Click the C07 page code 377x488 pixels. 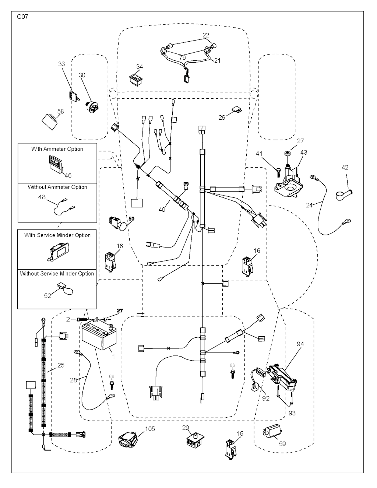coord(22,17)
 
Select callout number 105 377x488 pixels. coord(150,429)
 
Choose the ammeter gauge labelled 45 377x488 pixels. coord(56,162)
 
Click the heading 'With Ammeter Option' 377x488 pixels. coord(57,149)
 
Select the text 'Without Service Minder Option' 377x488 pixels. coord(57,274)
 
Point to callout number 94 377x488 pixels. coord(300,344)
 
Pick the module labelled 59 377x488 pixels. coord(271,432)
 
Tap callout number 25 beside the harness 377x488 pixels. coord(61,365)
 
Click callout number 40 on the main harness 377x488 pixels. coord(162,210)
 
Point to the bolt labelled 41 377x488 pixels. coord(279,171)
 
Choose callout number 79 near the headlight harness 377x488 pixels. coord(183,57)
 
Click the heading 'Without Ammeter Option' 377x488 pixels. coord(57,187)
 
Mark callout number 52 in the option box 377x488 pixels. coord(48,296)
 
